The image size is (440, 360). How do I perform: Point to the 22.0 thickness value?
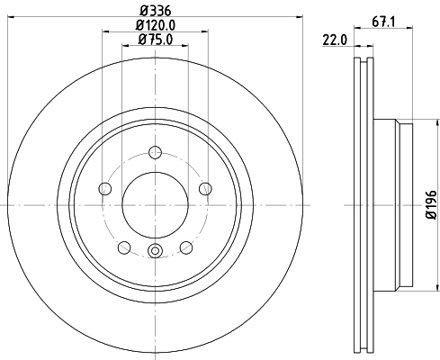[334, 40]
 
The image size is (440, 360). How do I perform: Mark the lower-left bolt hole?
[123, 248]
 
